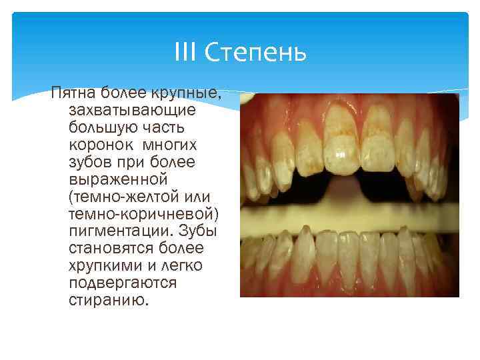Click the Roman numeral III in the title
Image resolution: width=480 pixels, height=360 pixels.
coord(185,52)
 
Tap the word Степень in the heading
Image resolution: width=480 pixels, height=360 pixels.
coord(255,52)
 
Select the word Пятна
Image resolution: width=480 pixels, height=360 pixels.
coord(73,93)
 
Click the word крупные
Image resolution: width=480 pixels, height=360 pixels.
coord(186,93)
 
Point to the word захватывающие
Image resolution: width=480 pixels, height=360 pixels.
coord(132,111)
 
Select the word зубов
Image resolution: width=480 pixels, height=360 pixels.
coord(90,161)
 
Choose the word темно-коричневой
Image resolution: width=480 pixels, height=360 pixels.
coord(144,214)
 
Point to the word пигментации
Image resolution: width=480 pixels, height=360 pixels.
coord(119,231)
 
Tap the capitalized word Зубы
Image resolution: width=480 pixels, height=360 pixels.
coord(198,231)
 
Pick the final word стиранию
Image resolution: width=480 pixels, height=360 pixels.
coord(109,300)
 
